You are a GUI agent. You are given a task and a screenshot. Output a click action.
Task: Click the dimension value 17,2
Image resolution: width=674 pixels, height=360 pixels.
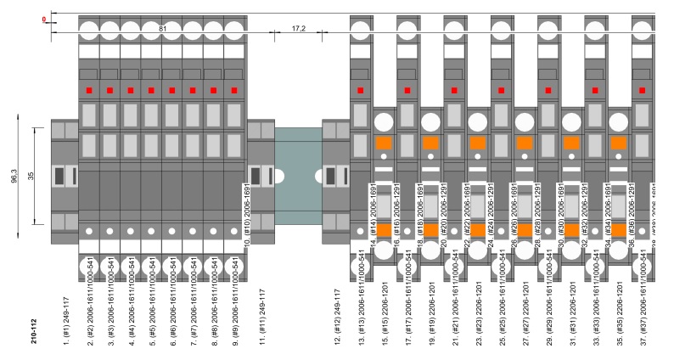point(296,28)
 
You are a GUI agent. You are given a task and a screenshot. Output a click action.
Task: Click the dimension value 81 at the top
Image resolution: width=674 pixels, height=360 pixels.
point(161,28)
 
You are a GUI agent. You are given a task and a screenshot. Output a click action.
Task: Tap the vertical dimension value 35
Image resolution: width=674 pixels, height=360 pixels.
point(31,176)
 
